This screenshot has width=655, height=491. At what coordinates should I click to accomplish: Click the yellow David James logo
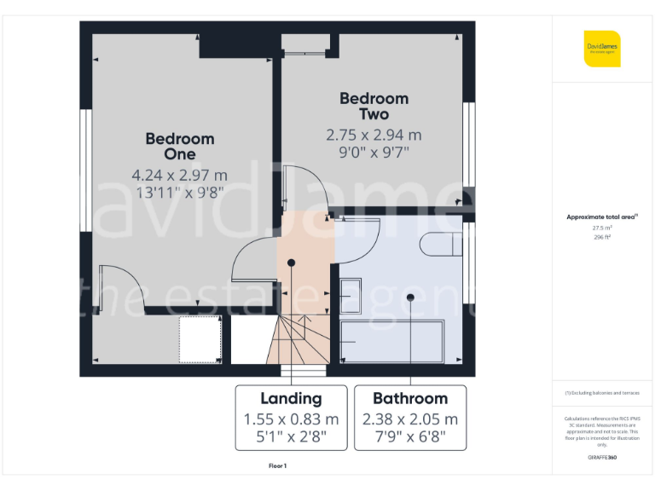coord(602,49)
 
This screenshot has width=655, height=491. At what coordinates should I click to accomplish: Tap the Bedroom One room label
coord(179,146)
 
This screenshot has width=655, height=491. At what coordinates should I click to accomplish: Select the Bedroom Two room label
coord(374,106)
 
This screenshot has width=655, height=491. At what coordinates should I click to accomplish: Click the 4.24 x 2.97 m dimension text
coord(179,175)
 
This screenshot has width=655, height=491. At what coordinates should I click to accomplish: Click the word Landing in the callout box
coord(291,398)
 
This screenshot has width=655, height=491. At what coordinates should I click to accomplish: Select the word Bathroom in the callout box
coord(410,398)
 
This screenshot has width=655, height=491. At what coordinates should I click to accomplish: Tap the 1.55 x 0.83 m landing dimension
coord(291,419)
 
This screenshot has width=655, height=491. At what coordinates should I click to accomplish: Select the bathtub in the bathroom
coord(391,342)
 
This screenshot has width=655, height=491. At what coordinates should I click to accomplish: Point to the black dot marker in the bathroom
coord(410,297)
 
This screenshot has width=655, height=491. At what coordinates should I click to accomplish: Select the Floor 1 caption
coord(278,466)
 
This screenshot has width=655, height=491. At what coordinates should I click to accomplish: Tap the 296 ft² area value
coord(602,237)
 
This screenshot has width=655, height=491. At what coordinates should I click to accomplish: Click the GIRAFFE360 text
coord(602,458)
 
